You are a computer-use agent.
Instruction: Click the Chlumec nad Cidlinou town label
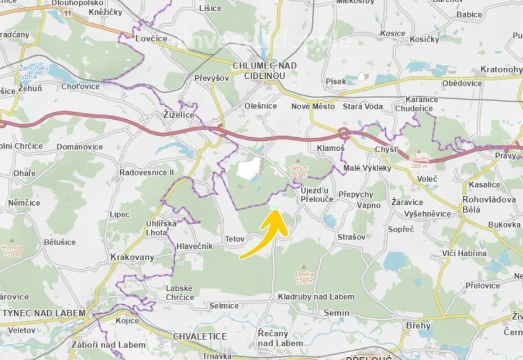point(265,71)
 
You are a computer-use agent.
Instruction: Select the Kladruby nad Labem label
point(316,297)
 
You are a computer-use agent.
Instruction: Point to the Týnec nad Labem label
point(44,313)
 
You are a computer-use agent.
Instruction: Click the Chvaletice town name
point(200,336)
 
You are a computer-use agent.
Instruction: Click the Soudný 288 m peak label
point(420,162)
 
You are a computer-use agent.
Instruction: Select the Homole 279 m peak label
point(12,251)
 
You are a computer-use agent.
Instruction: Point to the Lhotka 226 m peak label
point(304,277)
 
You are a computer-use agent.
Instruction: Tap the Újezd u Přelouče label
point(317,194)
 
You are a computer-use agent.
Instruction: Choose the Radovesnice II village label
point(146,173)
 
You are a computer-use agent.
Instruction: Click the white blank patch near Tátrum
point(249,169)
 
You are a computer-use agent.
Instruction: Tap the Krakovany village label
point(132,257)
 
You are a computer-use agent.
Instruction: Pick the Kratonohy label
point(501,69)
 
